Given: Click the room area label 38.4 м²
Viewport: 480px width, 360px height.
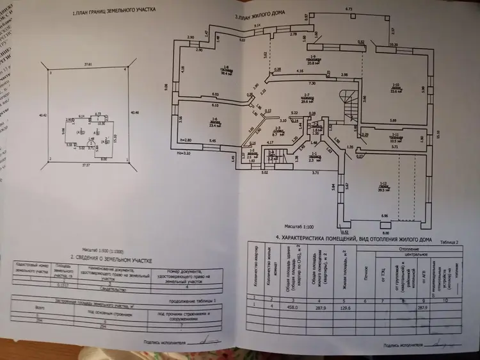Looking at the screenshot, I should [226, 72].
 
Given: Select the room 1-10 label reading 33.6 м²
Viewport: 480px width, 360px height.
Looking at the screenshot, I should [396, 88].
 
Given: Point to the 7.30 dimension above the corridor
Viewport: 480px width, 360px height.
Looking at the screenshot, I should [312, 84].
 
